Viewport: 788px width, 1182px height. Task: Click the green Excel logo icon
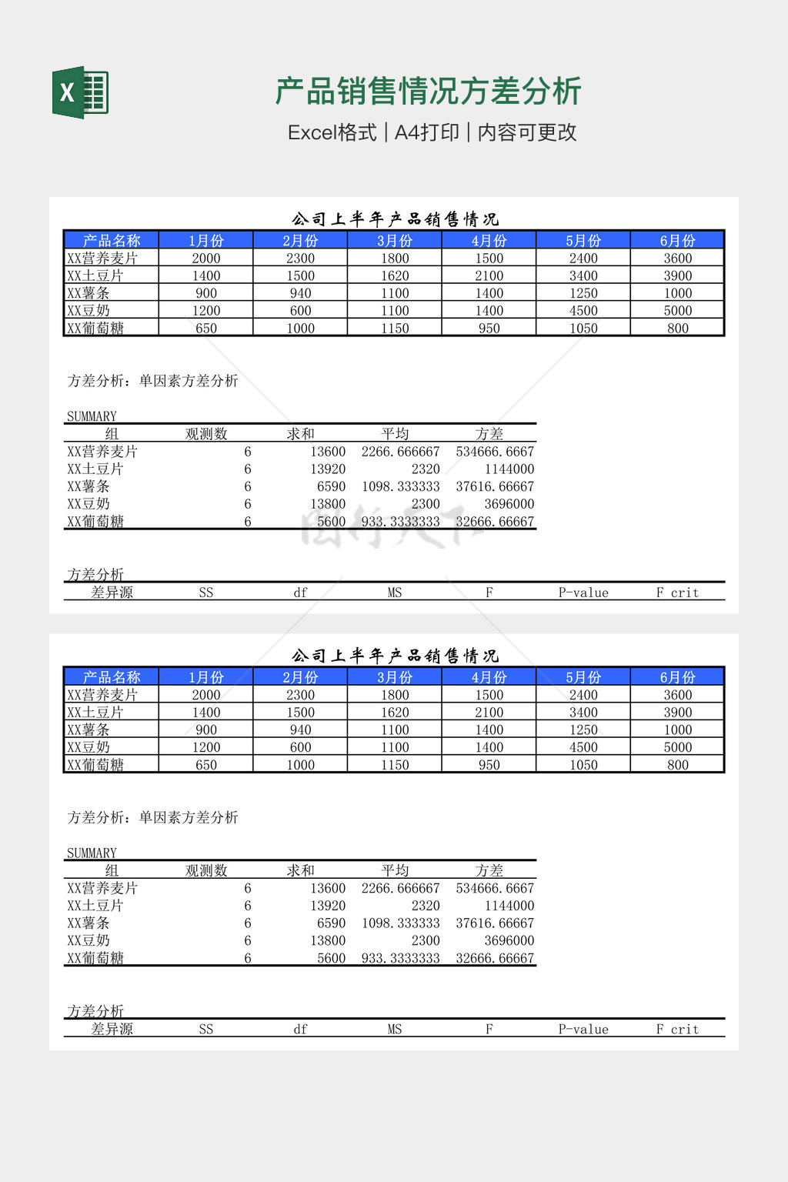[80, 92]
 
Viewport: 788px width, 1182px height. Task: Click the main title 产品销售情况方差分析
[428, 92]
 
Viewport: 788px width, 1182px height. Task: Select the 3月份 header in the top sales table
[395, 240]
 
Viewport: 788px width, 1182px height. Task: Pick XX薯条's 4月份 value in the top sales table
[489, 293]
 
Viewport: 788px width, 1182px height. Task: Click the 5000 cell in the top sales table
[677, 311]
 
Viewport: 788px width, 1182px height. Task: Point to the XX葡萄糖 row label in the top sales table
[95, 329]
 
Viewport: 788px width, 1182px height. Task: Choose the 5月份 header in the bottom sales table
[583, 677]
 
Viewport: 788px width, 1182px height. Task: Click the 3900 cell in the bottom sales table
[677, 713]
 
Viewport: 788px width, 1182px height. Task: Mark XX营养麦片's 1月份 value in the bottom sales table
[206, 695]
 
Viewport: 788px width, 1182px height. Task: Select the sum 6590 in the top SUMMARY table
[331, 486]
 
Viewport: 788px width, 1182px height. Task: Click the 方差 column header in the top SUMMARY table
[489, 434]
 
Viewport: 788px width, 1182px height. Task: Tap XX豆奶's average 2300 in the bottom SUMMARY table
[425, 940]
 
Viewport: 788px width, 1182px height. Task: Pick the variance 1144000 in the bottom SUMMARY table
[509, 906]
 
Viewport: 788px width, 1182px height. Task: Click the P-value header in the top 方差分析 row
[583, 593]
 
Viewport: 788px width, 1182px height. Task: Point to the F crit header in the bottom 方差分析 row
[677, 1029]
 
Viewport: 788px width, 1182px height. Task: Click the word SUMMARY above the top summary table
[92, 416]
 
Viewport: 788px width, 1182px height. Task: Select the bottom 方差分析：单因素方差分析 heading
[152, 817]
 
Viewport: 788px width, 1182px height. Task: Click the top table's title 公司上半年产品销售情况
[395, 219]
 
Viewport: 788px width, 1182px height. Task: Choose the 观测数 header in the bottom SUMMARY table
[206, 870]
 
